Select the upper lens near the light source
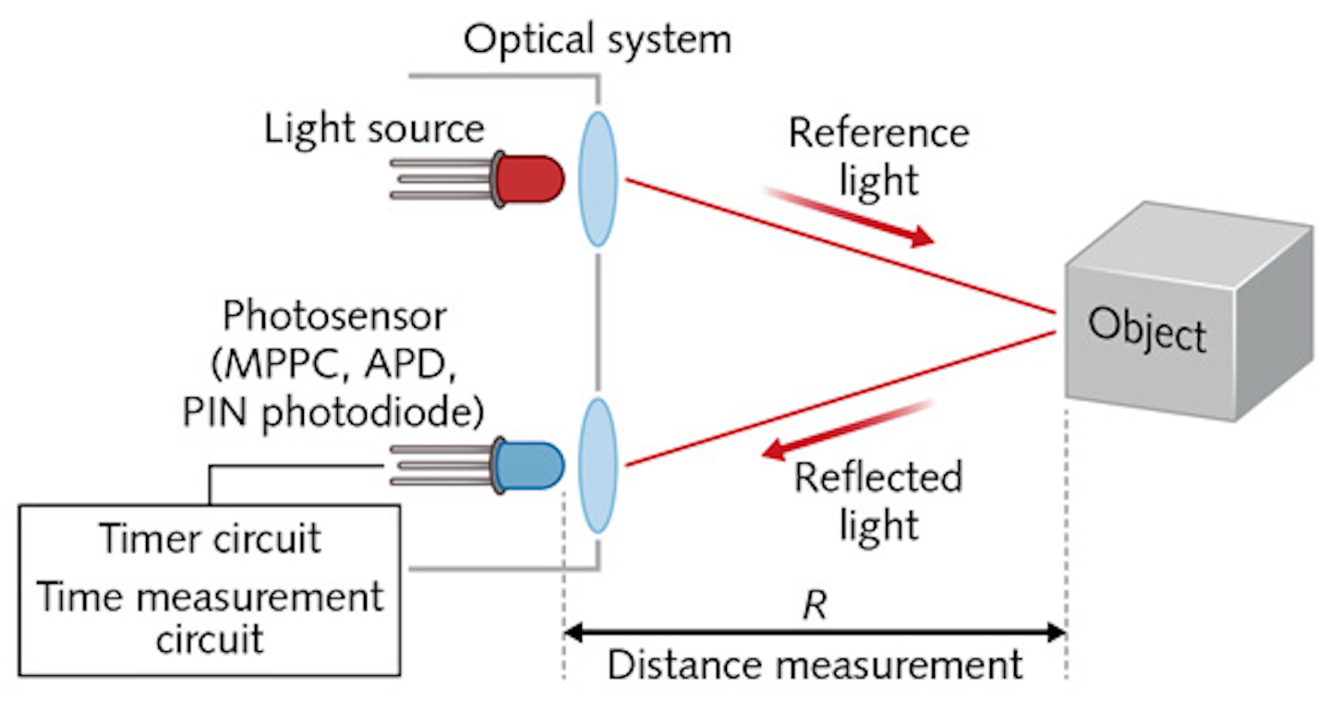[x=598, y=179]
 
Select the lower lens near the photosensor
[x=598, y=465]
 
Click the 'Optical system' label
[x=597, y=39]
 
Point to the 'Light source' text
[x=374, y=128]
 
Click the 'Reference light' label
[x=878, y=156]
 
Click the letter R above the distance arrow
[x=815, y=607]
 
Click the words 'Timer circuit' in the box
[x=210, y=538]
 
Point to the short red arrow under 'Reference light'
[x=850, y=217]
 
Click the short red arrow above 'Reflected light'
[x=850, y=429]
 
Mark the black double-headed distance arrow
[x=815, y=634]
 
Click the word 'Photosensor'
[x=334, y=317]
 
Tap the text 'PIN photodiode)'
[x=333, y=413]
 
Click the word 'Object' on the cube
[x=1146, y=329]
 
